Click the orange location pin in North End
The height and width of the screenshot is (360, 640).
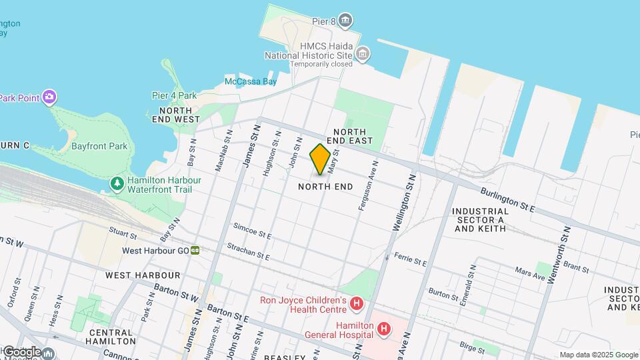coord(320,159)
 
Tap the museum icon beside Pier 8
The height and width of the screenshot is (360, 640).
coord(345,21)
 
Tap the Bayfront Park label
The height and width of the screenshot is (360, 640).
coord(99,145)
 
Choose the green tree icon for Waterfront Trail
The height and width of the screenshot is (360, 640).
coord(117,183)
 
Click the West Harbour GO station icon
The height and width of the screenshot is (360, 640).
coord(195,251)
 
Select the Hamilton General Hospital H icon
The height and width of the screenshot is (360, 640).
coord(383,329)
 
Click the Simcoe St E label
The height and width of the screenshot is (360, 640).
coord(252,231)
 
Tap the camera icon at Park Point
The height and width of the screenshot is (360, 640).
coord(49,98)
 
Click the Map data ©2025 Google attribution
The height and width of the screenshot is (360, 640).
coord(598,355)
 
